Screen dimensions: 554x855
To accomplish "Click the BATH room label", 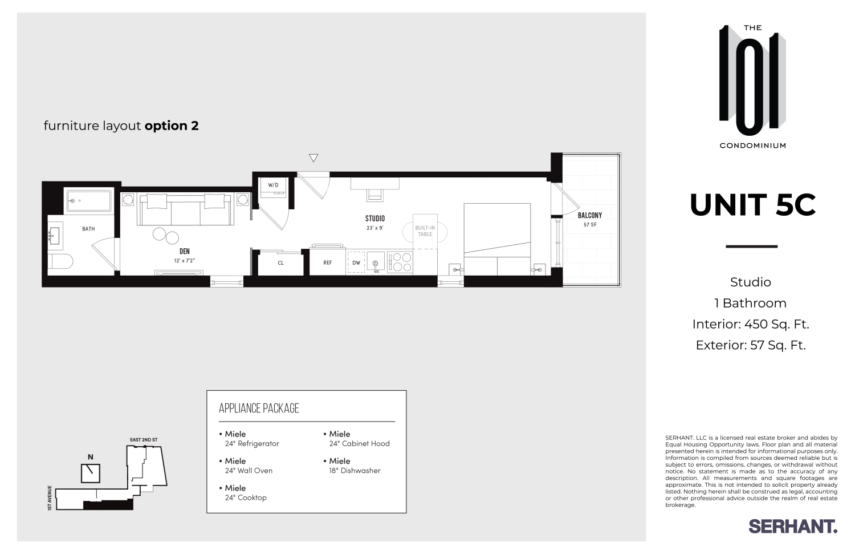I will click(x=88, y=229).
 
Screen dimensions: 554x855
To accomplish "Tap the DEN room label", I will click(x=185, y=251).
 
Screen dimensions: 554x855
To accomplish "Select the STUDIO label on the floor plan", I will click(x=375, y=219).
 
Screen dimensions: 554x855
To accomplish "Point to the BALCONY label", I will click(x=590, y=215).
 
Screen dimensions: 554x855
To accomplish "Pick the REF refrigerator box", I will click(x=328, y=262).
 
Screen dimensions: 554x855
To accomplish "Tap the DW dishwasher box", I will click(x=356, y=262).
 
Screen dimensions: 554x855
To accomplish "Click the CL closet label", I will click(x=280, y=263).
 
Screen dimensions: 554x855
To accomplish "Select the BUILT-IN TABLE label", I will click(x=425, y=231).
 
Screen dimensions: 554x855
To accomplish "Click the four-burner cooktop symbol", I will click(x=400, y=262).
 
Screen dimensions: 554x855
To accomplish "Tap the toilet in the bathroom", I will click(x=60, y=262).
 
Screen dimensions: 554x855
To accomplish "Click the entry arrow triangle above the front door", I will click(x=313, y=158).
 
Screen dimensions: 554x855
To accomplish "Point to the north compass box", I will click(x=91, y=473).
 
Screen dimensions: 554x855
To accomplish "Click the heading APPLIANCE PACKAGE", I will click(x=259, y=408).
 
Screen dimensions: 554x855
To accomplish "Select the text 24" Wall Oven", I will click(x=249, y=471).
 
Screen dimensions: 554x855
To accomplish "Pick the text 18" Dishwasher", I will click(x=355, y=471).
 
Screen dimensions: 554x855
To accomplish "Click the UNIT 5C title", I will click(x=753, y=205).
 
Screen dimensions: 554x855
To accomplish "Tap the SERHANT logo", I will click(x=792, y=526).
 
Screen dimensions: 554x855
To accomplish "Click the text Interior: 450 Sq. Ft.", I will click(x=751, y=324).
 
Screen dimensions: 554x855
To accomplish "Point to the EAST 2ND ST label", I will click(x=144, y=440).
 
